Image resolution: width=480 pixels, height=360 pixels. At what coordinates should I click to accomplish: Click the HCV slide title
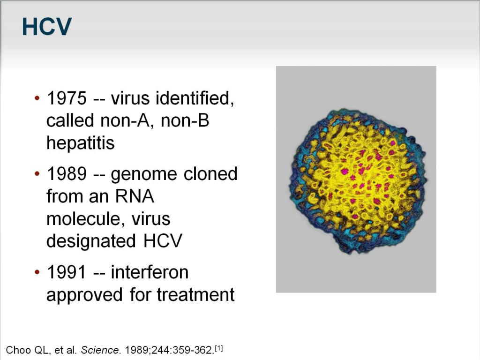(47, 27)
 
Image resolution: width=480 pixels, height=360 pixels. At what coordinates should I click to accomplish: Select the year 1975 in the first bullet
(67, 98)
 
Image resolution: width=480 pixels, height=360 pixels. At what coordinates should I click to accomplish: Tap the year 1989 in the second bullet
(67, 174)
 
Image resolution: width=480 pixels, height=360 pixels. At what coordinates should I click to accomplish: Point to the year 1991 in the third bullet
(66, 272)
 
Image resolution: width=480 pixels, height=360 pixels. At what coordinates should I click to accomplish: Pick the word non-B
(185, 120)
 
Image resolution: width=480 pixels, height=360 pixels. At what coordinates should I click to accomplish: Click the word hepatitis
(81, 143)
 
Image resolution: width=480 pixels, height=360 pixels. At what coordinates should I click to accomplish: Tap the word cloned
(210, 174)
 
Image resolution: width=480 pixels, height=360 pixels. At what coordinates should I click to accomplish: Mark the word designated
(91, 241)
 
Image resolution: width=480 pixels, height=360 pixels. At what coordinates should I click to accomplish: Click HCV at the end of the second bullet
(163, 241)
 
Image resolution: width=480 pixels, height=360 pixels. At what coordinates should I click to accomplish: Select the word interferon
(150, 272)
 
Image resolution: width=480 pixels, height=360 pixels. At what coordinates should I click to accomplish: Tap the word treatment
(195, 295)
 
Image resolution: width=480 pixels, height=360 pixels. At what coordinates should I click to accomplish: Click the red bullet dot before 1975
(37, 98)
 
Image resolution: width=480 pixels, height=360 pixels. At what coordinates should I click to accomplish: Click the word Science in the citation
(100, 350)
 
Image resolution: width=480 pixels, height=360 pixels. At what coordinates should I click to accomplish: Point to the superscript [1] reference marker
(219, 348)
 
